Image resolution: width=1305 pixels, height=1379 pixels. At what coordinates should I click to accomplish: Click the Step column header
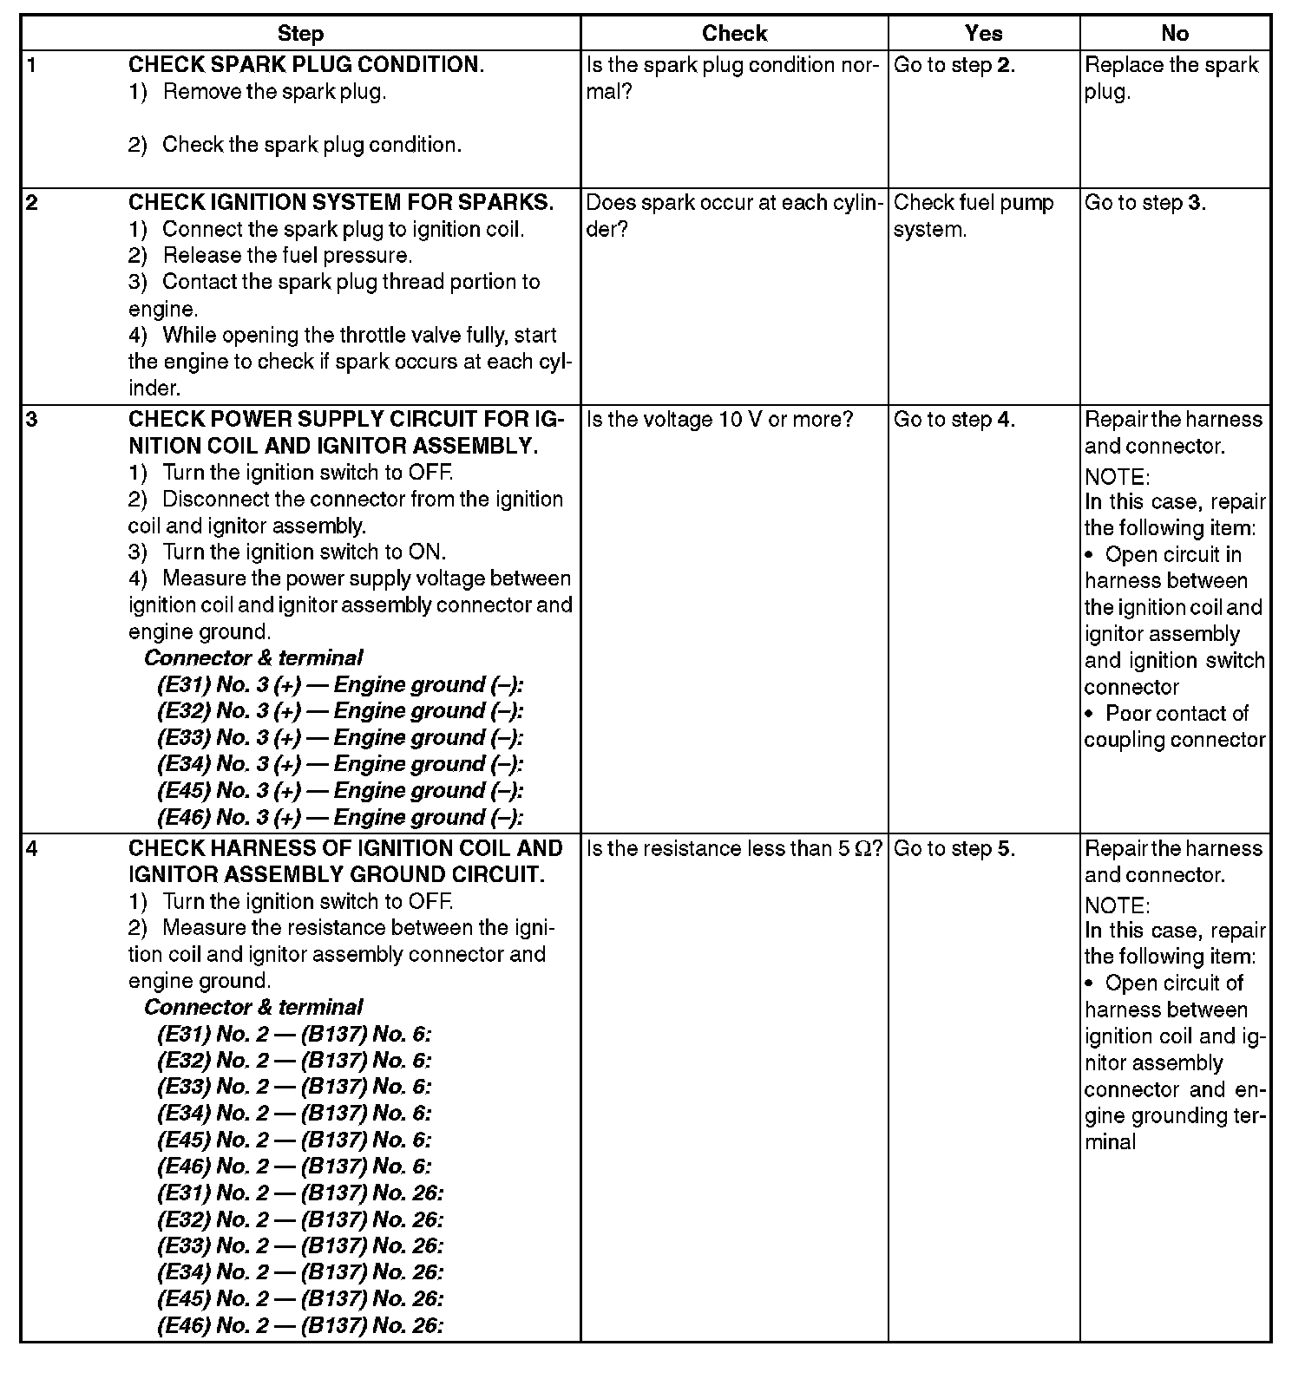click(x=300, y=34)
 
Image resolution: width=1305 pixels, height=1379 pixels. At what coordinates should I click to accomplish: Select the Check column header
click(x=734, y=34)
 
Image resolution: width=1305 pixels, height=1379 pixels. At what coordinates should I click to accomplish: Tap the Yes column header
click(x=983, y=34)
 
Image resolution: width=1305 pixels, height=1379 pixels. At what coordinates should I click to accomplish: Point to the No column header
click(x=1174, y=34)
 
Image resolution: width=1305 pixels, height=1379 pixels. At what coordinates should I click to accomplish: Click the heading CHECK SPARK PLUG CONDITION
click(x=306, y=65)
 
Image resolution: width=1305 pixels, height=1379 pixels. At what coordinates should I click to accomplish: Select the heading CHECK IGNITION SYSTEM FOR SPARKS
click(x=340, y=203)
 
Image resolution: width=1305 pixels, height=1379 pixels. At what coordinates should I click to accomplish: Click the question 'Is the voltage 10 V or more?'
click(x=719, y=420)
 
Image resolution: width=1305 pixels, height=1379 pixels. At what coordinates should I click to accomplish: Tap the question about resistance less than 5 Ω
click(x=734, y=849)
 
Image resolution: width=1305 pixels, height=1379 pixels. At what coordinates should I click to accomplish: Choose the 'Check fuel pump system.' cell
click(x=973, y=216)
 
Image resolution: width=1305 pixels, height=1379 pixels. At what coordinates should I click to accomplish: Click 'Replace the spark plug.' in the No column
click(x=1171, y=78)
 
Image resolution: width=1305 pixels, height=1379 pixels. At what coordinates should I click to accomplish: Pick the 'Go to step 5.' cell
click(x=954, y=849)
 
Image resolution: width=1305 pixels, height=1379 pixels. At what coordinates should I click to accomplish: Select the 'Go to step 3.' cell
click(x=1144, y=203)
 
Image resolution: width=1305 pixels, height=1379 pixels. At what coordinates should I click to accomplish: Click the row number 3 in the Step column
click(x=32, y=420)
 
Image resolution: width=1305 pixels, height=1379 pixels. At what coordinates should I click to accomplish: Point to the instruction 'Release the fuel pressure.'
click(x=286, y=256)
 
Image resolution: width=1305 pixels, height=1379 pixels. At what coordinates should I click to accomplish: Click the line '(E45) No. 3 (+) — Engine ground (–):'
click(x=340, y=791)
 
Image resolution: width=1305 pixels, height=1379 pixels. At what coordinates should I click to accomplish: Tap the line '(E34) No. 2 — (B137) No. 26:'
click(x=300, y=1272)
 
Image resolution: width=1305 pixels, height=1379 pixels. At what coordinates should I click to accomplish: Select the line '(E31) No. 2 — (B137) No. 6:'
click(x=294, y=1034)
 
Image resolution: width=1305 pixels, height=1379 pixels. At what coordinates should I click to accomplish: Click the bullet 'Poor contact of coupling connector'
click(x=1174, y=727)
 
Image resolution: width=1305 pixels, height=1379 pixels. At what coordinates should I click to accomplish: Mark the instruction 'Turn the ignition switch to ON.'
click(x=304, y=552)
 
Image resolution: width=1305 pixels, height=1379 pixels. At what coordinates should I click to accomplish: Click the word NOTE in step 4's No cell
click(x=1117, y=906)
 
